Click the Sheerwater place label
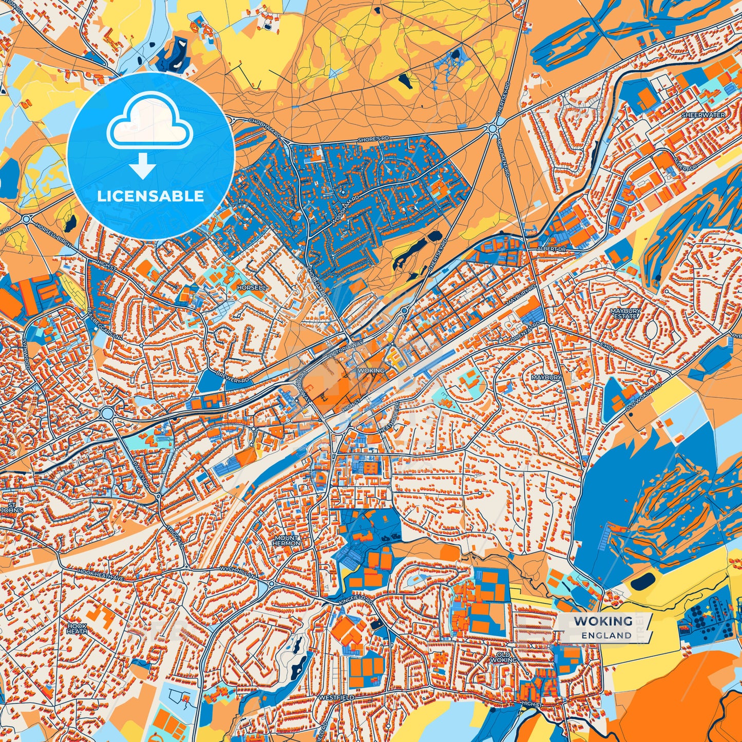703,115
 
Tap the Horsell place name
252,288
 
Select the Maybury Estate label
625,313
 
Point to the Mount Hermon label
286,540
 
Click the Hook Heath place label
77,629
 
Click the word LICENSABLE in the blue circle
150,196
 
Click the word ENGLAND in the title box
606,635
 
